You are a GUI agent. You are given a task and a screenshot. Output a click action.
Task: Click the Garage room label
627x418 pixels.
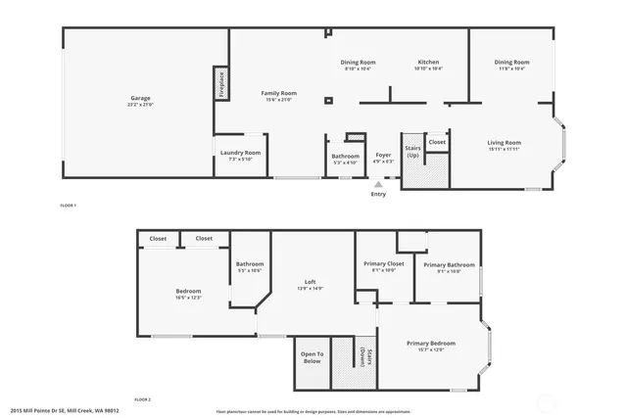(x=141, y=99)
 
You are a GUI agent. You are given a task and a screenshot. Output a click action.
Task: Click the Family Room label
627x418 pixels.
(x=278, y=95)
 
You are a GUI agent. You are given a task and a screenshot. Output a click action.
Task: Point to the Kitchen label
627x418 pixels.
(x=428, y=64)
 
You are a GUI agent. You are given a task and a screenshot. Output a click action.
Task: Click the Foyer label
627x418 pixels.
(x=383, y=156)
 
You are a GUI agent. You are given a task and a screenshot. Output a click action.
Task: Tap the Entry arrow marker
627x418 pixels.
(x=378, y=183)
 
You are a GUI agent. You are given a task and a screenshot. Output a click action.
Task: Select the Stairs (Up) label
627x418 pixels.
(x=412, y=153)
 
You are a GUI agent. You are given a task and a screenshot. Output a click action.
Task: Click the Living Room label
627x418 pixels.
(x=504, y=145)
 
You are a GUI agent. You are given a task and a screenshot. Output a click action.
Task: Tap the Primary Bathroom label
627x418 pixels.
(x=449, y=266)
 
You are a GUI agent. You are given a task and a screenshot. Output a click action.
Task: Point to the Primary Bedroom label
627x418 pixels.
(x=431, y=345)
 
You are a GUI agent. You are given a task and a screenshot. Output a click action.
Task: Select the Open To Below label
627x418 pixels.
(x=312, y=358)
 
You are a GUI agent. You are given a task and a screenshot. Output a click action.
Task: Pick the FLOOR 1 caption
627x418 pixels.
(x=68, y=206)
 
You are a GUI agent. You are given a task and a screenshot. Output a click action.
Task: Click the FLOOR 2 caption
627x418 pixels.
(x=143, y=399)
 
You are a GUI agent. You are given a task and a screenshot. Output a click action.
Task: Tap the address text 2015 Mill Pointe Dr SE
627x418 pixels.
(x=64, y=411)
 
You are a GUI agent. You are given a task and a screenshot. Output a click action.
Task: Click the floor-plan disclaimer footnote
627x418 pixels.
(x=313, y=411)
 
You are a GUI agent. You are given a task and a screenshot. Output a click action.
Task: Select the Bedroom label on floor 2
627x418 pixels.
(x=188, y=293)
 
